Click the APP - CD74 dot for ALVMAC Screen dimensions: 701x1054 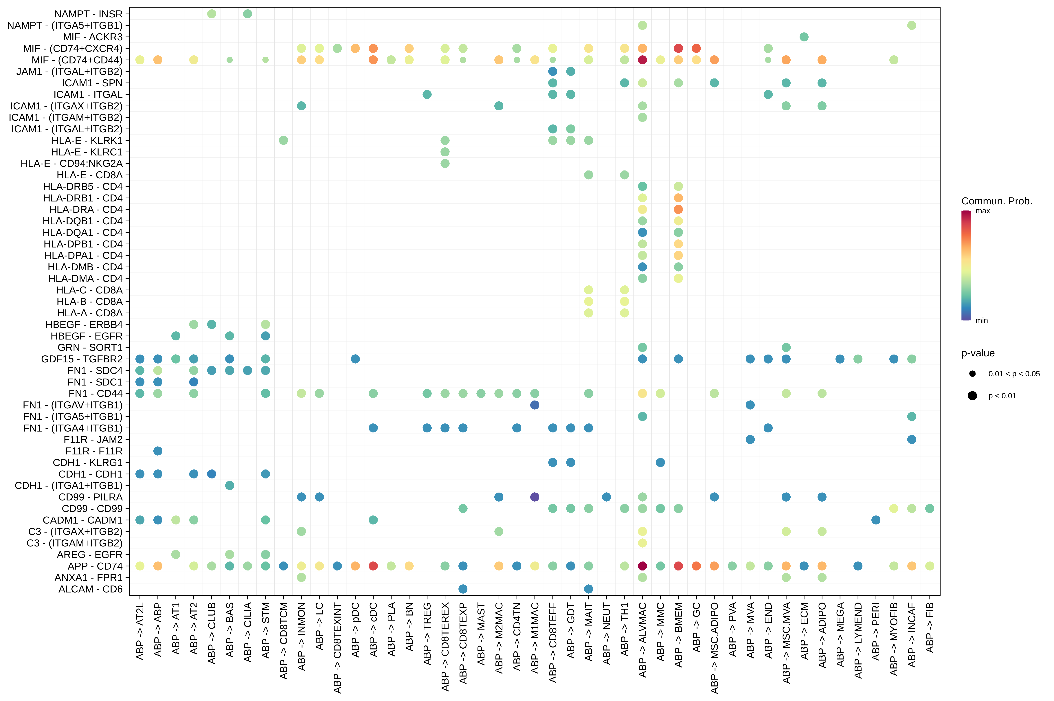(642, 566)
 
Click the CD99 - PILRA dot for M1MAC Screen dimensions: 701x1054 (535, 497)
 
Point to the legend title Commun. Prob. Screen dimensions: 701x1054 (996, 201)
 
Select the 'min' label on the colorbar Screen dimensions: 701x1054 (982, 321)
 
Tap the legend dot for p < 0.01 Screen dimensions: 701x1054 (972, 396)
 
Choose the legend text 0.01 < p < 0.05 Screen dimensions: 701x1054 (1014, 374)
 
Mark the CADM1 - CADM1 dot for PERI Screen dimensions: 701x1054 (876, 520)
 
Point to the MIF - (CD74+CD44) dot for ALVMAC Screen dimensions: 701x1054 (642, 60)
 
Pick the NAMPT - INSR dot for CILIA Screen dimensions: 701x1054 (247, 14)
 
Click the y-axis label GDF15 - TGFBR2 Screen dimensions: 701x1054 (82, 359)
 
